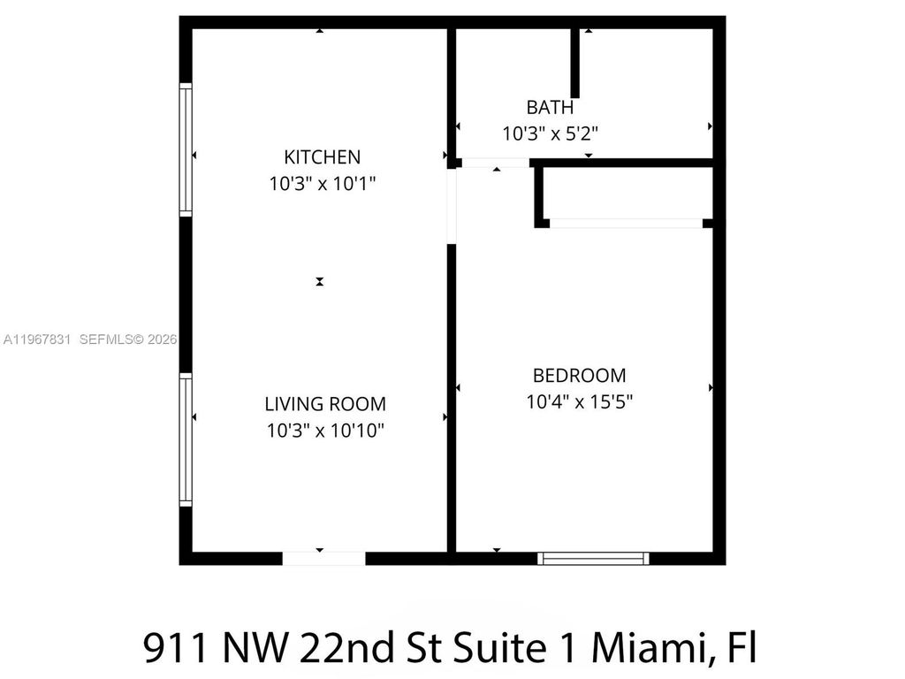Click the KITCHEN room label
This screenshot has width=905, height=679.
point(322,157)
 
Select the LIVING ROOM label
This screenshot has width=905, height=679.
point(325,404)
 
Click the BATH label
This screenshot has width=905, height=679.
point(550,108)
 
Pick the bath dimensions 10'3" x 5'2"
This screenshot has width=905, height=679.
point(550,134)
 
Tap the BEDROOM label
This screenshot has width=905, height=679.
point(579,375)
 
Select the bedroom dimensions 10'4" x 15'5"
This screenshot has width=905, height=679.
point(579,401)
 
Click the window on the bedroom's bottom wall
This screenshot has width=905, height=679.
point(593,558)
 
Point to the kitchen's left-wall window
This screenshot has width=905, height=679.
point(186,149)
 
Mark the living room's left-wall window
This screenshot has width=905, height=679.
point(186,439)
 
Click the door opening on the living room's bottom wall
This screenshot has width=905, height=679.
point(323,558)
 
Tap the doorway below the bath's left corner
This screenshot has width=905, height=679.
point(495,163)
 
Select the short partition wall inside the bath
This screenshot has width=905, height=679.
point(575,62)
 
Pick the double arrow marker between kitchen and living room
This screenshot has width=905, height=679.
point(320,282)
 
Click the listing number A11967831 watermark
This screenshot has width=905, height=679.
point(39,339)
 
